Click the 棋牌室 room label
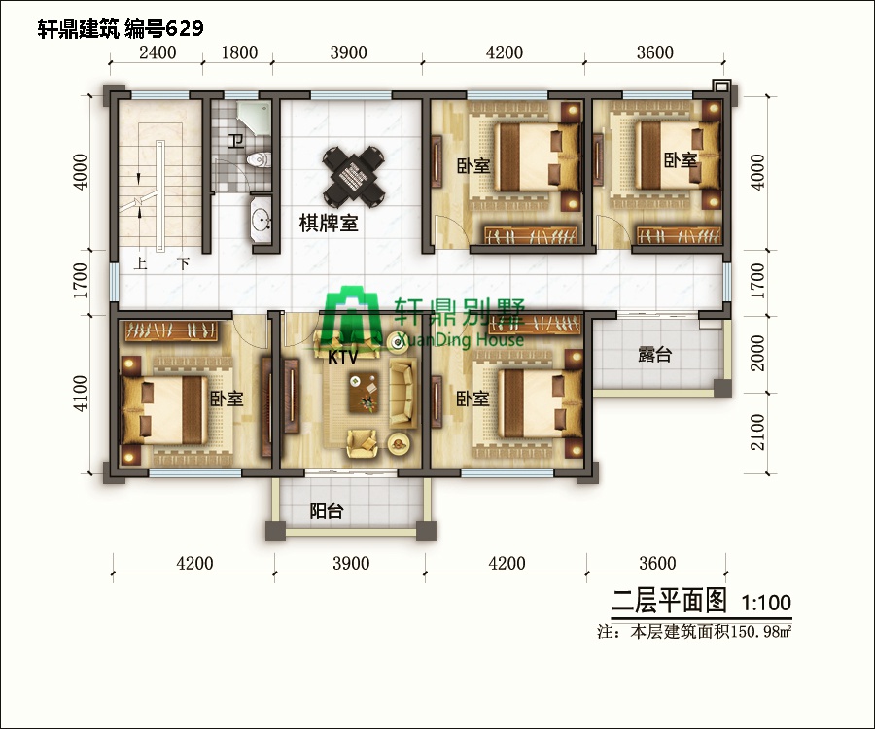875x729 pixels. click(328, 224)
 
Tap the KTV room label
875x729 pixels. click(341, 358)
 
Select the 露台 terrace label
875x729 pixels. click(654, 355)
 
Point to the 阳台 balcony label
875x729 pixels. click(326, 511)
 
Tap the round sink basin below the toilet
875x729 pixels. click(260, 223)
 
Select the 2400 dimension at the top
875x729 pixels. click(158, 53)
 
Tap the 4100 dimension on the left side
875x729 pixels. click(82, 394)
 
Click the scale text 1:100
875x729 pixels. click(766, 603)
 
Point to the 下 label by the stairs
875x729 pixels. click(183, 264)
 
